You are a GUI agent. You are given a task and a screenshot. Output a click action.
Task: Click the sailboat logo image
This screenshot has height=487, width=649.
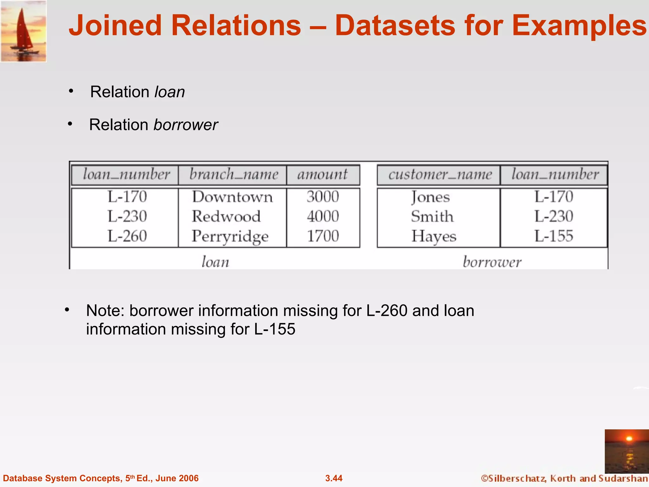(23, 31)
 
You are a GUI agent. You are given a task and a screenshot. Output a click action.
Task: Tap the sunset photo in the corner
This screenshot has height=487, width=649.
(627, 451)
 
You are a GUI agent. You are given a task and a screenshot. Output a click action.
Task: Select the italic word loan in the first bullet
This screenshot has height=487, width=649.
(170, 92)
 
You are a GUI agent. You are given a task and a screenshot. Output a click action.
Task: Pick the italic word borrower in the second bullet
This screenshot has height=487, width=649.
(185, 125)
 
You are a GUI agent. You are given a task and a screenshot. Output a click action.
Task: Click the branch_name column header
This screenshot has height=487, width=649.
(234, 175)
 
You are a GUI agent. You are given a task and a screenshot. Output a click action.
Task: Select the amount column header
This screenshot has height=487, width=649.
(322, 175)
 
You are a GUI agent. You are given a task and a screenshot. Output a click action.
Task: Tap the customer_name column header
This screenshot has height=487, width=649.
(440, 175)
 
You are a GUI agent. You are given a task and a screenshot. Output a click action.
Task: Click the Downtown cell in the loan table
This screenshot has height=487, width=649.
(232, 197)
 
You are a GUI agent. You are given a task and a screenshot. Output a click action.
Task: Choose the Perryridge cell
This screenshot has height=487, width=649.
(230, 237)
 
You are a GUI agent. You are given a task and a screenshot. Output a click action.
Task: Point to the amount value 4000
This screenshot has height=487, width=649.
(323, 217)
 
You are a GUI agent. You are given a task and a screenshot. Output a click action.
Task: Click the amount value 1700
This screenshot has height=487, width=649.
(323, 236)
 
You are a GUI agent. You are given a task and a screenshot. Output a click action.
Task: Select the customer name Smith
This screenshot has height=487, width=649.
(432, 217)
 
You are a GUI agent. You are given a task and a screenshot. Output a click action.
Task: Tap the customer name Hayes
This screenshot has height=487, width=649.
(434, 237)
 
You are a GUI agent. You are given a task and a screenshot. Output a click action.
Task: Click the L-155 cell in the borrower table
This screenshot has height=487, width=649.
(554, 236)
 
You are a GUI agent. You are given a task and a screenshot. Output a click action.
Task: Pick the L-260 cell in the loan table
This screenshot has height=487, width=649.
(127, 236)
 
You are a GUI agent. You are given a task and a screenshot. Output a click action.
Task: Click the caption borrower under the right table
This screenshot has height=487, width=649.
(492, 262)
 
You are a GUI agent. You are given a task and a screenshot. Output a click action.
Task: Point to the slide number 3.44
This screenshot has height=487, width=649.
(334, 478)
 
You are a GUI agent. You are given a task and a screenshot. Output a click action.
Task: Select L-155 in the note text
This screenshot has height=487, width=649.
(275, 329)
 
